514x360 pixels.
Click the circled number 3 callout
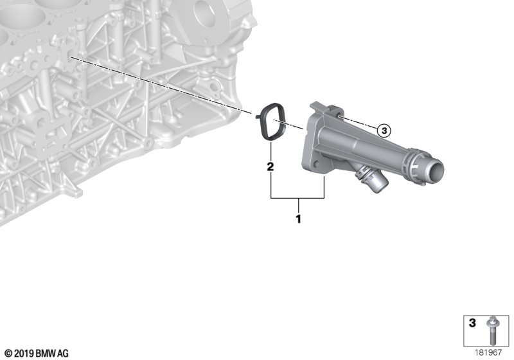384,130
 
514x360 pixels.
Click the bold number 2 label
270,167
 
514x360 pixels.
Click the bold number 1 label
298,219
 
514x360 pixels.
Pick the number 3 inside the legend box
472,323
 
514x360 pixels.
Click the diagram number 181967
488,353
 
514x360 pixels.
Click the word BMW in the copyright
46,354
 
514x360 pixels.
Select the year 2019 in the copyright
24,354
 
